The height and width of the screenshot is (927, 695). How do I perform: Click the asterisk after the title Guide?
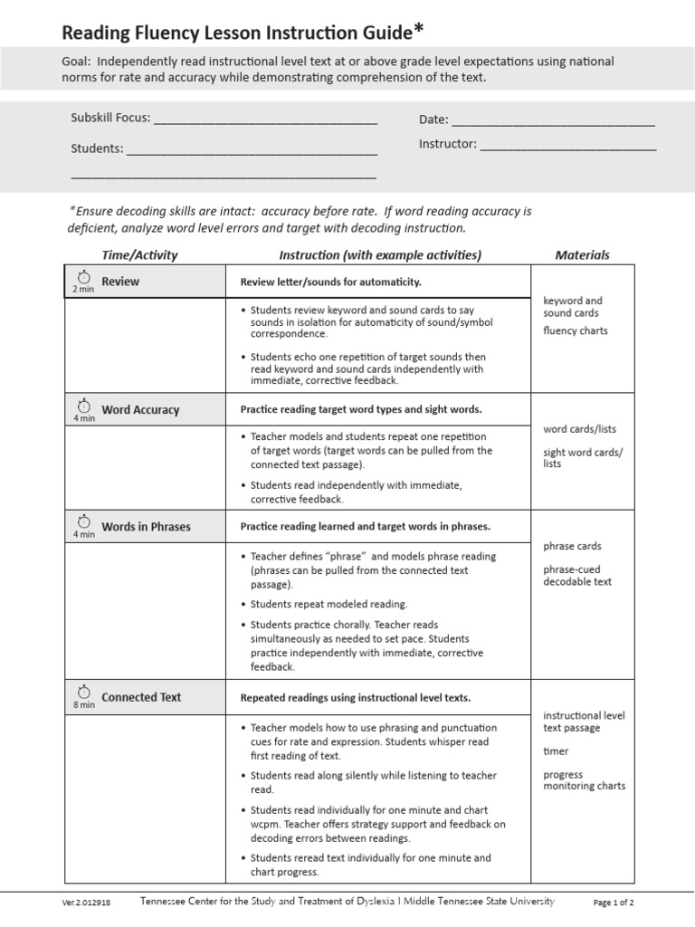[x=418, y=31]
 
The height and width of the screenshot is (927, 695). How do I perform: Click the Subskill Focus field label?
[x=110, y=118]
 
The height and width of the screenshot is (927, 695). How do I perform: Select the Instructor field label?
[x=447, y=144]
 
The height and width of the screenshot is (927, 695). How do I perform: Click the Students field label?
[x=97, y=148]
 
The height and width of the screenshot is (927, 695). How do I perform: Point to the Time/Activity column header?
[x=139, y=255]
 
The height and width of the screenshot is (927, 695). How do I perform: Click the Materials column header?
[x=582, y=255]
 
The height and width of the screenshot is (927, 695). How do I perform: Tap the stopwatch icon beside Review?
[x=83, y=276]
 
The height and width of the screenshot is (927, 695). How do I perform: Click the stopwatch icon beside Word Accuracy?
[x=83, y=404]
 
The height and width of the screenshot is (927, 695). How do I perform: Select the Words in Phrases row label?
[x=146, y=527]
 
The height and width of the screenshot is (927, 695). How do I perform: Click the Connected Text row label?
[x=141, y=698]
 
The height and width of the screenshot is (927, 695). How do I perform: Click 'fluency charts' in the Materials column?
[x=575, y=331]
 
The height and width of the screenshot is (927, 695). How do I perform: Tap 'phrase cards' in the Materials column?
[x=572, y=547]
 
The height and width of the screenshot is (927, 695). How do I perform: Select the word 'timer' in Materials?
[x=556, y=751]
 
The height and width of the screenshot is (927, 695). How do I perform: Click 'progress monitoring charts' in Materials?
[x=584, y=780]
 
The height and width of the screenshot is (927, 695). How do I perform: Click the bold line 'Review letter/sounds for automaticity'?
[x=330, y=282]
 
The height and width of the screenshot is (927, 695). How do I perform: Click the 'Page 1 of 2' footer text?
[x=613, y=903]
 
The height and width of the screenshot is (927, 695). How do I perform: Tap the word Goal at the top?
[x=81, y=62]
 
